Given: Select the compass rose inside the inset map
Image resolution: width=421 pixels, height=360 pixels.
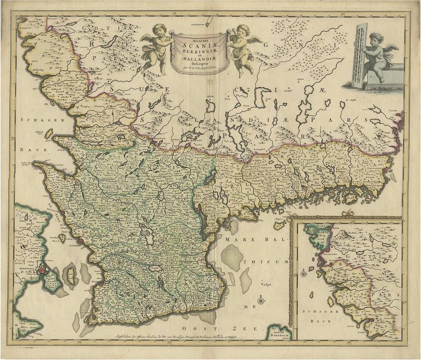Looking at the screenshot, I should (304, 273).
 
